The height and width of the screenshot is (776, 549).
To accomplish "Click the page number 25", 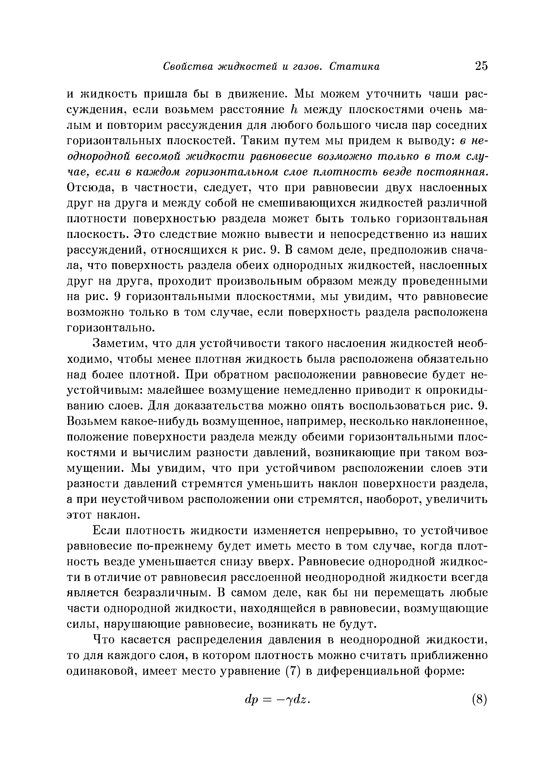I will coord(481,66).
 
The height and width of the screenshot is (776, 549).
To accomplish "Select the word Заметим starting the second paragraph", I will coord(120,344).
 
